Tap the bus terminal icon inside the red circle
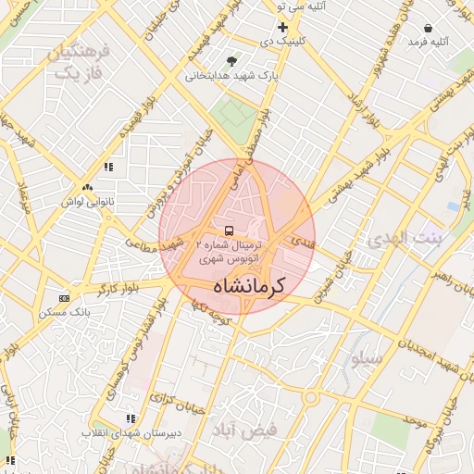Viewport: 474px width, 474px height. [x=229, y=230]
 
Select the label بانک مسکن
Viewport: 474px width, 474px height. [x=65, y=313]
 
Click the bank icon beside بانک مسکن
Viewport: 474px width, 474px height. [x=64, y=298]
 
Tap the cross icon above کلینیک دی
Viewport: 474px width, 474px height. [x=283, y=28]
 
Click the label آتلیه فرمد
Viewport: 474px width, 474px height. [x=428, y=42]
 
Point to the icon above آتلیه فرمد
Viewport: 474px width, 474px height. [x=428, y=29]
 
